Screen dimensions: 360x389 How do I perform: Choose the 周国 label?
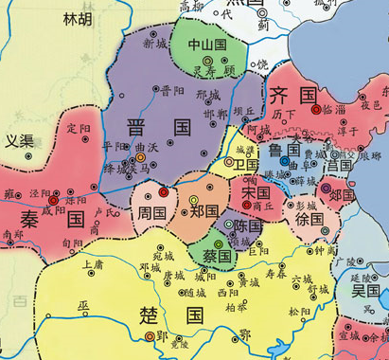point(151,214)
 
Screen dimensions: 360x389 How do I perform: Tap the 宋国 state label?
point(256,190)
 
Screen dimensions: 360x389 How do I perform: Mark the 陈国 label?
point(247,227)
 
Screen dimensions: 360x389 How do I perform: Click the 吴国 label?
point(364,290)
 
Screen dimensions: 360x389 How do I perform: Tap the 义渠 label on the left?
point(19,142)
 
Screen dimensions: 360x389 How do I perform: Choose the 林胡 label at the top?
point(79,19)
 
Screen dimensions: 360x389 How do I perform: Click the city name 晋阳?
point(172,91)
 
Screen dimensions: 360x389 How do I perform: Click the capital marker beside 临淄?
point(316,110)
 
